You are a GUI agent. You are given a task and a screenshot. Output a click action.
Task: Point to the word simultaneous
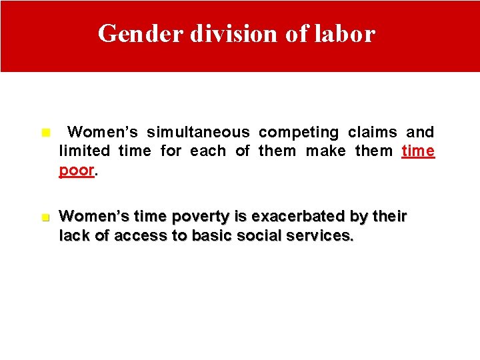click(x=198, y=132)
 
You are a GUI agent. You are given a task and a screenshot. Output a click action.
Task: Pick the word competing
click(x=299, y=132)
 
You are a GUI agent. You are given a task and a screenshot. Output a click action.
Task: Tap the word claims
click(x=372, y=132)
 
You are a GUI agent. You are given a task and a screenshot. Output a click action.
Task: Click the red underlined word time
click(x=418, y=151)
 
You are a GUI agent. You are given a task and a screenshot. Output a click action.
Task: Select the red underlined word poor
click(x=77, y=169)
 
